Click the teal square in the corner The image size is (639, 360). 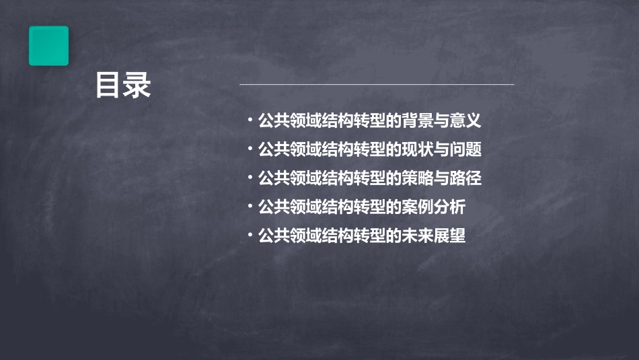pos(48,46)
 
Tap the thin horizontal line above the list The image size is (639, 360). pos(377,85)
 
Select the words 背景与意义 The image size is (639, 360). pos(442,121)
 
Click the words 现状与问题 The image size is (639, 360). pos(442,149)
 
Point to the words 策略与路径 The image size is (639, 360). pos(442,178)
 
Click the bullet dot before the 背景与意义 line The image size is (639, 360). pos(250,121)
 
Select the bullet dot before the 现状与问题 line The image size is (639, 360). pos(250,149)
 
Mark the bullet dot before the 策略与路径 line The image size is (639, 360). pos(250,178)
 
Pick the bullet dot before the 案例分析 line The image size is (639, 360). pos(250,207)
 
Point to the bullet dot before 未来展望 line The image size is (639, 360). pos(250,236)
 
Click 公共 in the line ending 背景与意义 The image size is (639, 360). pos(274,121)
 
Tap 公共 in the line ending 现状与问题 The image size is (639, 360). pos(274,149)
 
